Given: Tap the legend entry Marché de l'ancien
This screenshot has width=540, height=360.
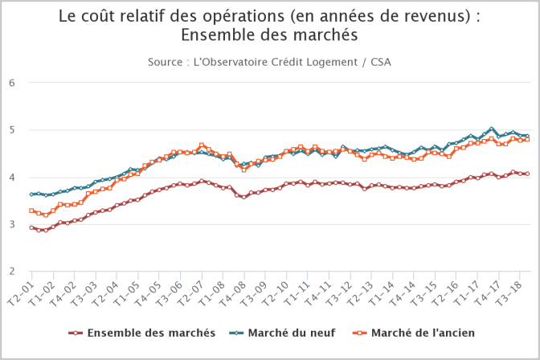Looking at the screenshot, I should coord(416,332).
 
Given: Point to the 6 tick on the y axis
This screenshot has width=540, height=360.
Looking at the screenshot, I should coord(13,83).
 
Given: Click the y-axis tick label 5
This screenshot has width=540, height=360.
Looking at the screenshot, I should coord(13,130).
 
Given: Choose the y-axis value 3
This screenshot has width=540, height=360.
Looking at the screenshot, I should coord(13,224).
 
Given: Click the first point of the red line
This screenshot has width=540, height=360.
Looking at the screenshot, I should coord(31,227).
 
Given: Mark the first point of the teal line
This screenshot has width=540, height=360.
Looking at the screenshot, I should coord(31,194).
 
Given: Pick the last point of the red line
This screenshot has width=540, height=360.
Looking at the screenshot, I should coord(526,174).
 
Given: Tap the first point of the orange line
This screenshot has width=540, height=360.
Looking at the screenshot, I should coord(31,211).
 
